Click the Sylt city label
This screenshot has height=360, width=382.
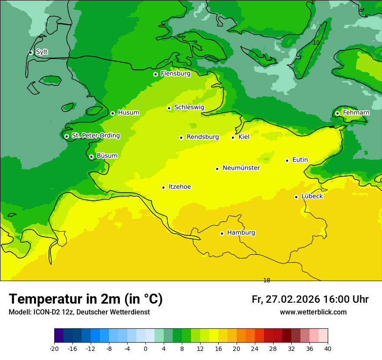coord(42,52)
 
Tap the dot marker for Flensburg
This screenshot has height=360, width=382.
coord(155,74)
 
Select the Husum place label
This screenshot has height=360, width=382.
coord(128,113)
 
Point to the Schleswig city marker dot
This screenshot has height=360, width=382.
coord(169,108)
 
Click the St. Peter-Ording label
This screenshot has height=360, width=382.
coord(95,136)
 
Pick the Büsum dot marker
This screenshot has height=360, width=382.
coord(91,157)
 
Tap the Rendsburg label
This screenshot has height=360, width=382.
coord(203,137)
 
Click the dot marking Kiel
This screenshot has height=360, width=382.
coord(233,137)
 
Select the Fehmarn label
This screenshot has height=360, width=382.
coord(356,113)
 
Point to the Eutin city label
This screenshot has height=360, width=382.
coord(300,160)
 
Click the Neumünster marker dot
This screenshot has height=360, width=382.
coord(217,169)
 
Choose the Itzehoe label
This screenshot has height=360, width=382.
coord(180,187)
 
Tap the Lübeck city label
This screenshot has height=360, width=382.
coord(312,196)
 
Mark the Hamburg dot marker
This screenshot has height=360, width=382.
coord(222,233)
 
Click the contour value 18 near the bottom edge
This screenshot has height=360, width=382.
coord(267,280)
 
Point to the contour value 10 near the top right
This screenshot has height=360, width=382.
coord(316,43)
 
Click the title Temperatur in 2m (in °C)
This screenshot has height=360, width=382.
coord(86,299)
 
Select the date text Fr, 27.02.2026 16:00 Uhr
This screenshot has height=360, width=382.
coord(310,299)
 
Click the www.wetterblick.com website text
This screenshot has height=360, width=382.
coord(313,312)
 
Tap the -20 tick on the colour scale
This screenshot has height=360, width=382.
coord(54,349)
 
